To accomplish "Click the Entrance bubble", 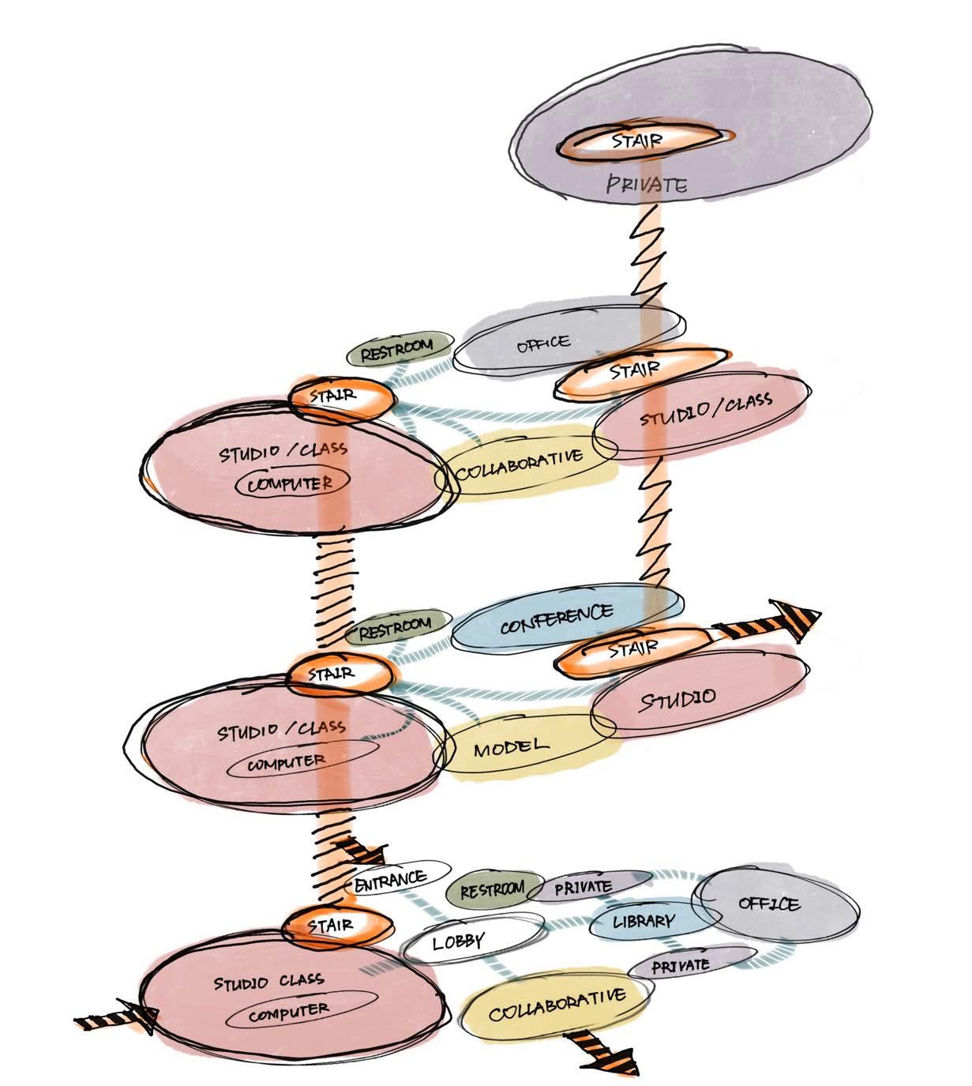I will (392, 877).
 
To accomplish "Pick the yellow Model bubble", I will (511, 746).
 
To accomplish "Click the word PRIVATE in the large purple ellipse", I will (646, 186).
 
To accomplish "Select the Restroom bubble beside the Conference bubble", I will (396, 628).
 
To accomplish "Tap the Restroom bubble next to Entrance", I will (492, 890).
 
